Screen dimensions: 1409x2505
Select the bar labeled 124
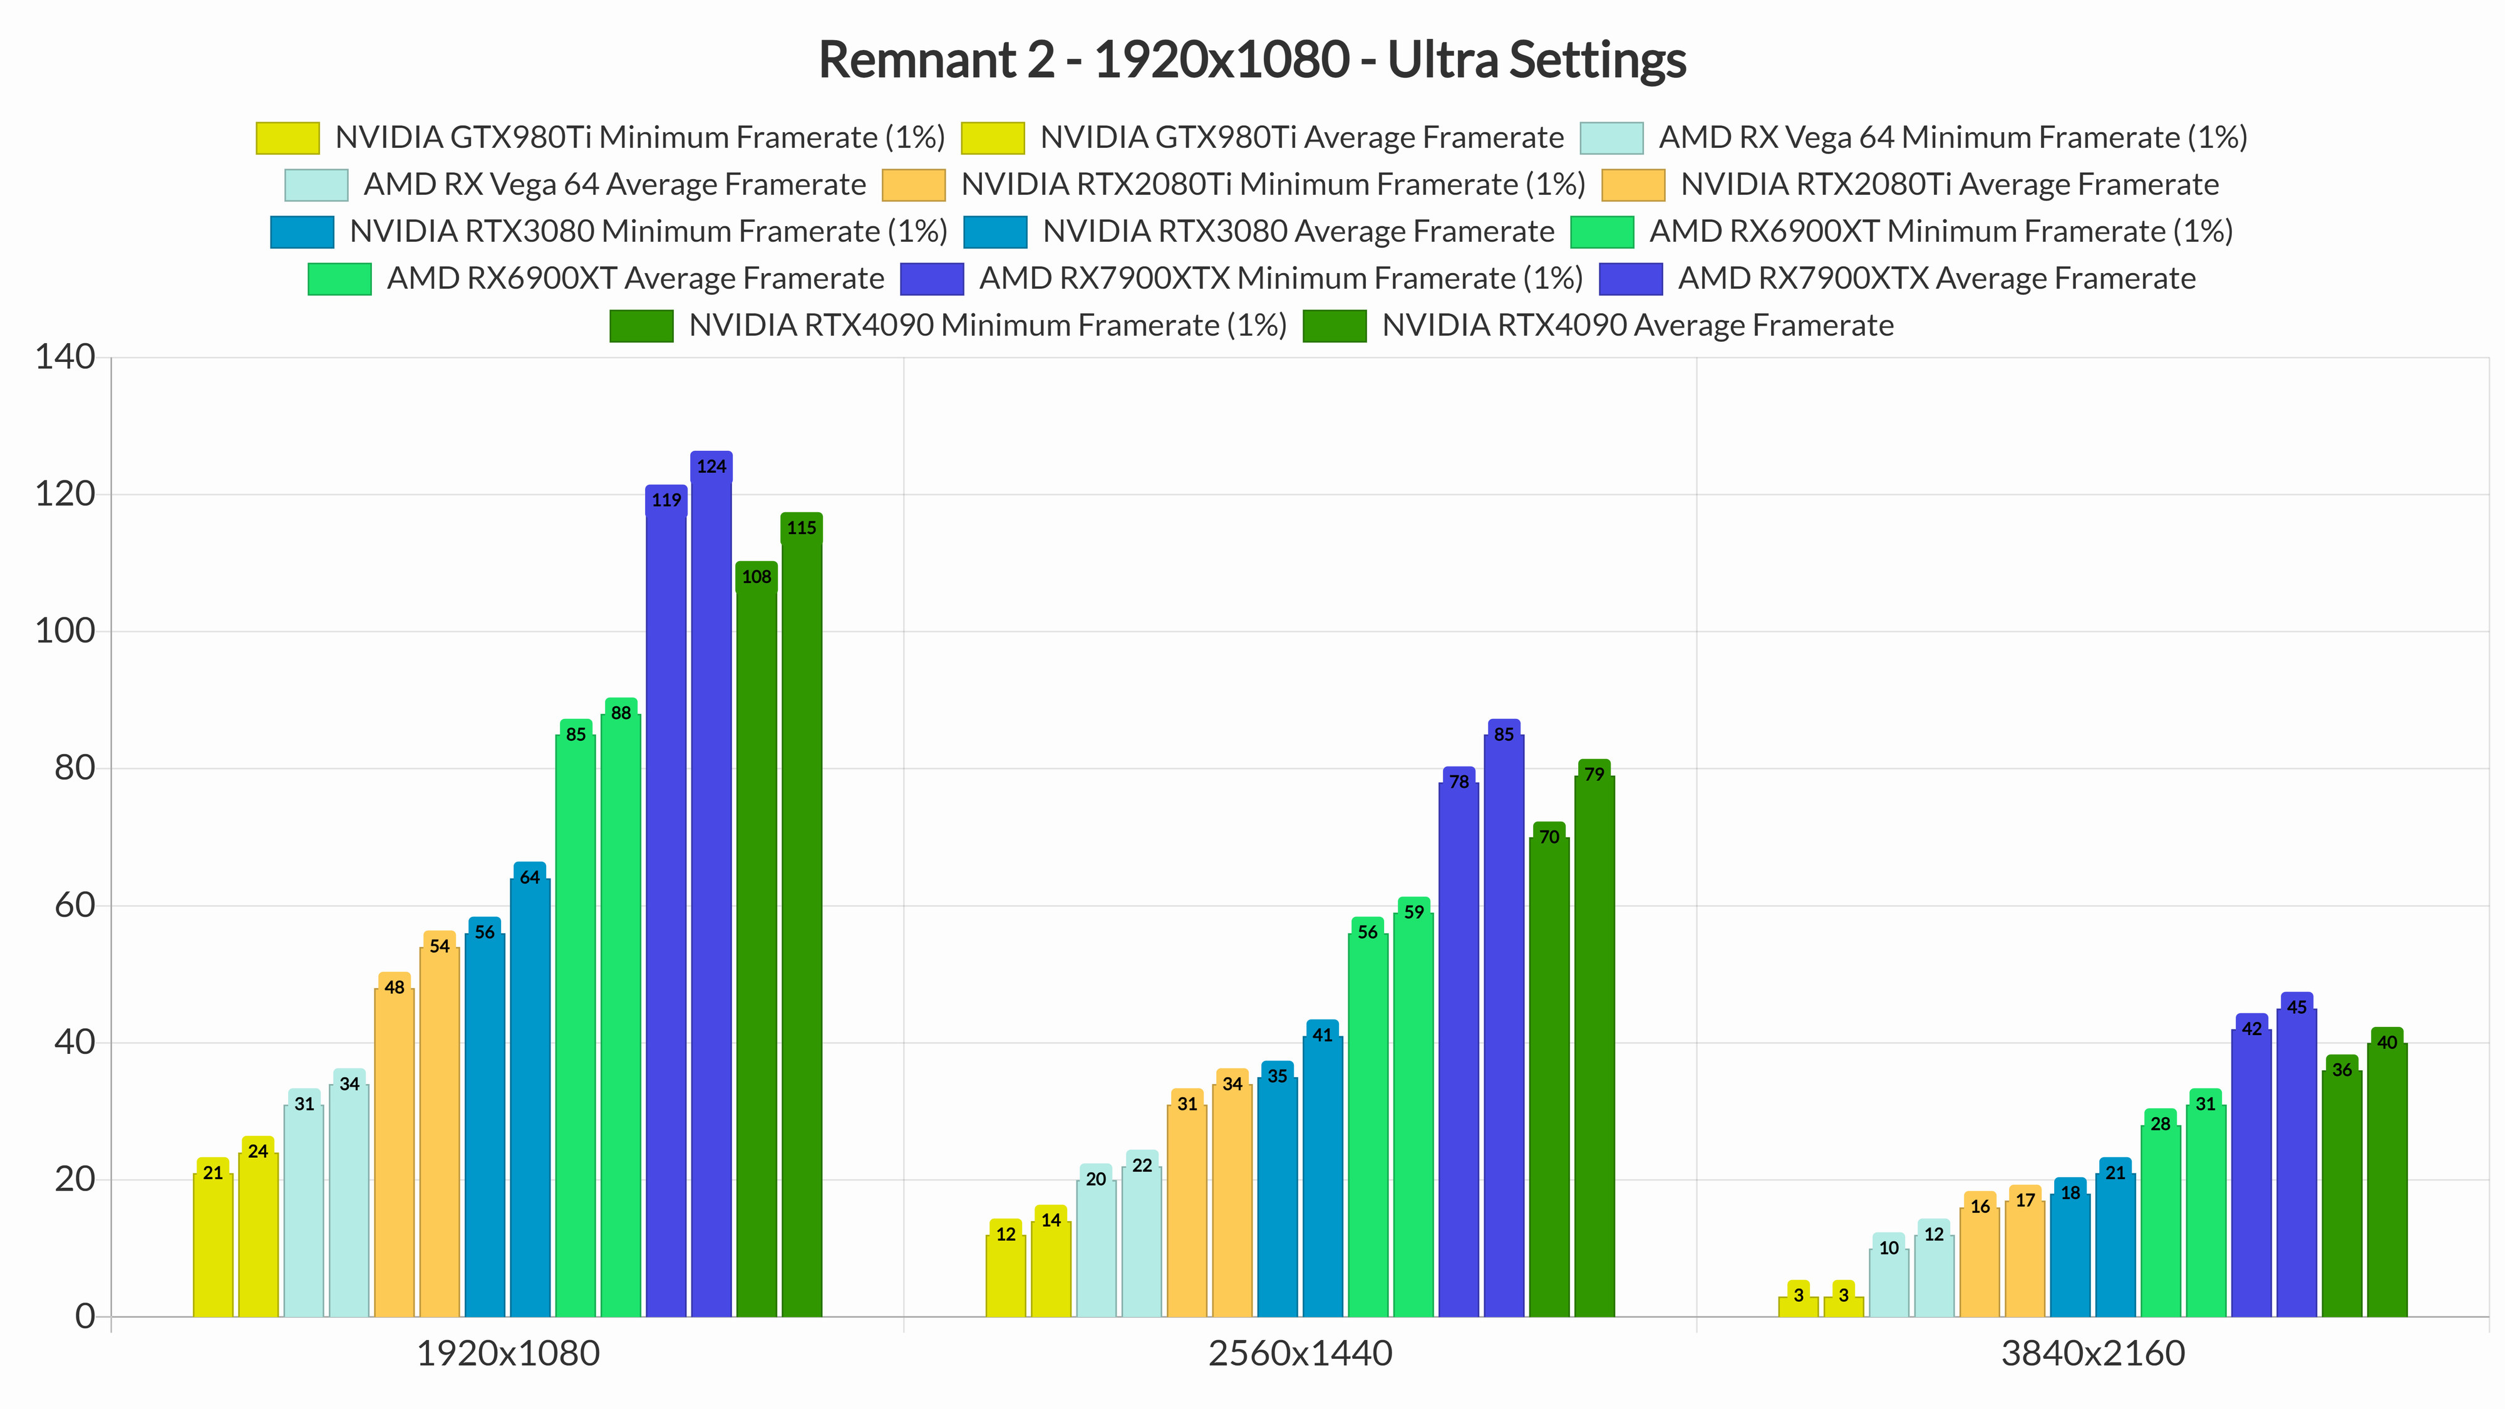coord(711,885)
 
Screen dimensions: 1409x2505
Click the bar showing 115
coord(802,915)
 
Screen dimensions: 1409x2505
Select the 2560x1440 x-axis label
coord(1300,1353)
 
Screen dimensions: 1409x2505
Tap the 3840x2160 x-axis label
coord(2093,1353)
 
